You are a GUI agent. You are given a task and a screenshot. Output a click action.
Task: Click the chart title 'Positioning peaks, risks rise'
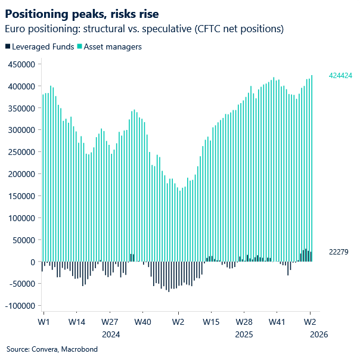point(82,13)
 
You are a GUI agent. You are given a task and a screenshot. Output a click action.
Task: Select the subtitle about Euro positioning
point(144,29)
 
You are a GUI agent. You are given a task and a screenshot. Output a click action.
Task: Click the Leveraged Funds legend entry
point(39,46)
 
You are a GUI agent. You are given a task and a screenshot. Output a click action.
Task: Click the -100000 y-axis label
point(20,306)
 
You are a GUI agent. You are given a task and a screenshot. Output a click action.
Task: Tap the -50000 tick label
point(21,284)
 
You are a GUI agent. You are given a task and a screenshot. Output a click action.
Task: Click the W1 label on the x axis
point(43,322)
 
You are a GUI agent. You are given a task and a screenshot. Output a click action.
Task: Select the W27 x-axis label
point(110,322)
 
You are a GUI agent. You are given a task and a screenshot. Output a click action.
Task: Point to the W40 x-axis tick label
point(143,322)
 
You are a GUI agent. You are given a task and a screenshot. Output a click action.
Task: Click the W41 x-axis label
point(277,322)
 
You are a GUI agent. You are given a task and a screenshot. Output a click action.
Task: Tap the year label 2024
point(110,334)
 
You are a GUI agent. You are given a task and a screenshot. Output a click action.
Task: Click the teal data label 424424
point(341,76)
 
